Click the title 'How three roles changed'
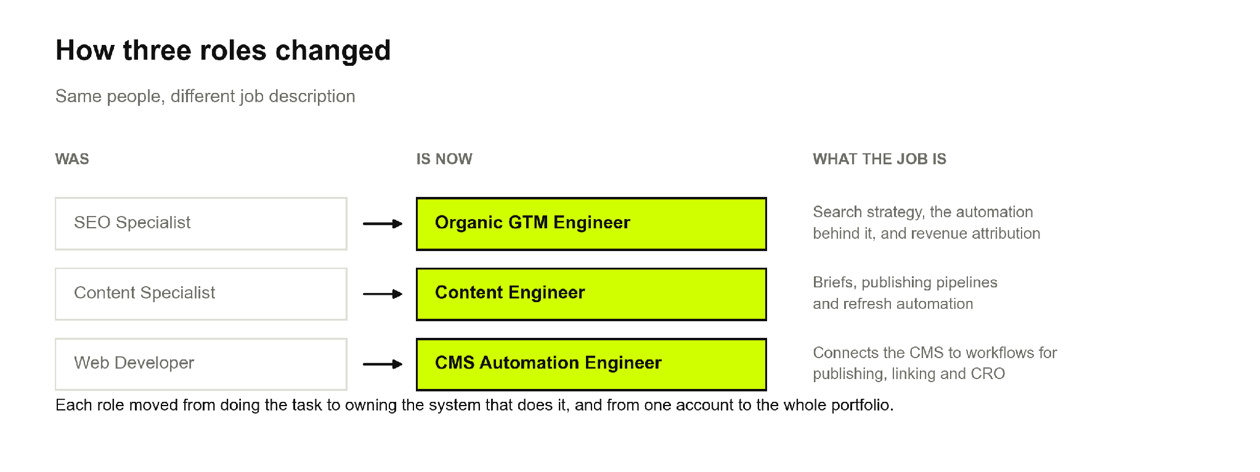pyautogui.click(x=223, y=50)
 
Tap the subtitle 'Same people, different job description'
pyautogui.click(x=205, y=97)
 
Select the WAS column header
pyautogui.click(x=72, y=159)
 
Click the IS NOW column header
pyautogui.click(x=444, y=159)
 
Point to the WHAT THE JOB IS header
pyautogui.click(x=879, y=159)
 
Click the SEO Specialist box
pyautogui.click(x=201, y=223)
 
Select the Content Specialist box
pyautogui.click(x=201, y=294)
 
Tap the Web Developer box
pyautogui.click(x=201, y=364)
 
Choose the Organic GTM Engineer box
pyautogui.click(x=591, y=223)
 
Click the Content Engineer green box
pyautogui.click(x=591, y=294)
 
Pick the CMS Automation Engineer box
pyautogui.click(x=591, y=364)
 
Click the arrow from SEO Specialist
pyautogui.click(x=383, y=224)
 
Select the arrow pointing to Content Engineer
pyautogui.click(x=383, y=294)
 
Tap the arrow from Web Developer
pyautogui.click(x=383, y=364)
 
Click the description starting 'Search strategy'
pyautogui.click(x=927, y=223)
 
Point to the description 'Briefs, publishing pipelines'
pyautogui.click(x=905, y=293)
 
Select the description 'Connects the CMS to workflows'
pyautogui.click(x=935, y=363)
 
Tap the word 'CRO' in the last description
pyautogui.click(x=988, y=374)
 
